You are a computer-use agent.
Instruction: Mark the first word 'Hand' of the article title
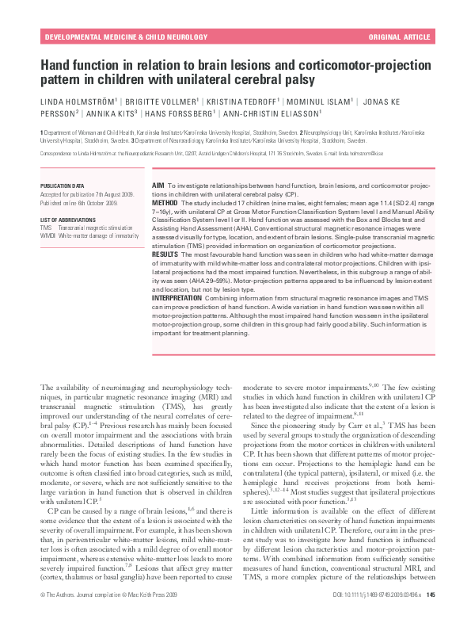[x=53, y=66]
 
